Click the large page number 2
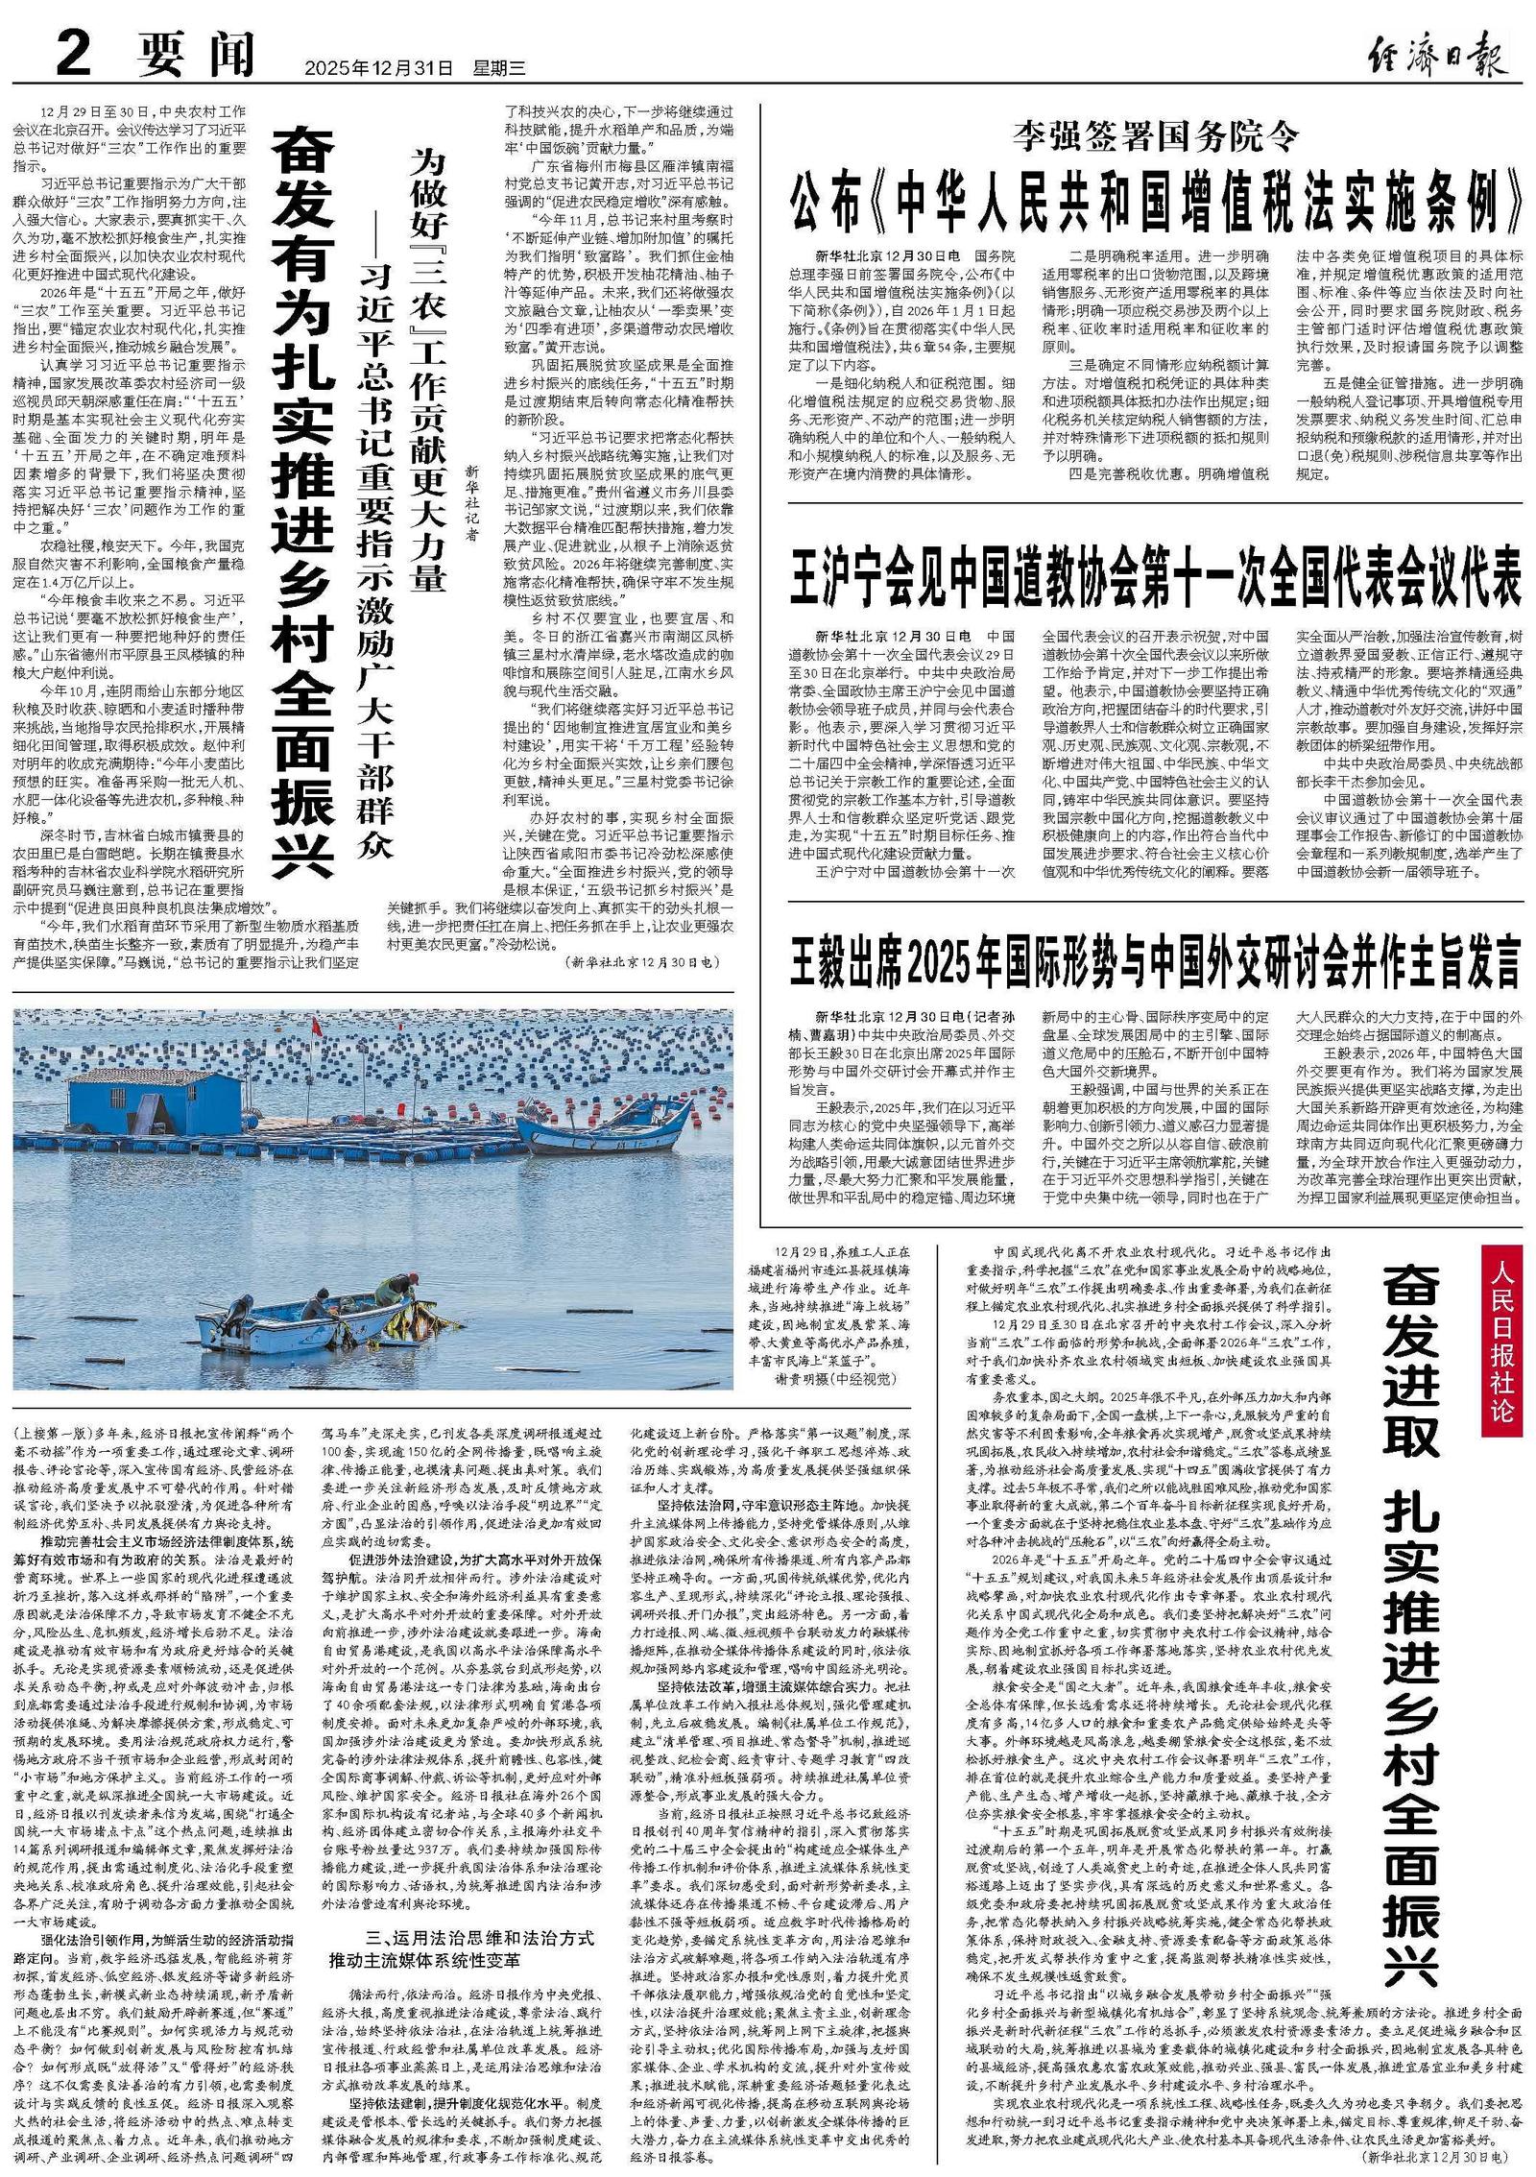tap(71, 55)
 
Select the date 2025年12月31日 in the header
tap(377, 69)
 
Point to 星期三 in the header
tap(499, 69)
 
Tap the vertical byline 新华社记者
tap(471, 504)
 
